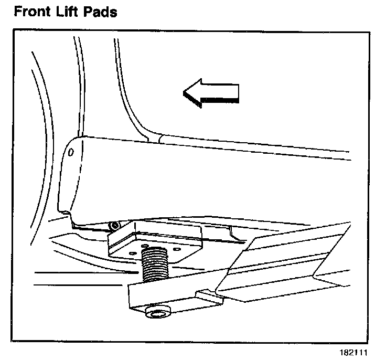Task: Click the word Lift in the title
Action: click(70, 11)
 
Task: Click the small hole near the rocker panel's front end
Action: click(72, 152)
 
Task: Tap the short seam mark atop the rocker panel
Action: click(159, 139)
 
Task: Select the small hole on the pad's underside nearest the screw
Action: click(144, 245)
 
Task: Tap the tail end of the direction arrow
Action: click(237, 93)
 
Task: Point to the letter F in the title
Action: click(18, 11)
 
